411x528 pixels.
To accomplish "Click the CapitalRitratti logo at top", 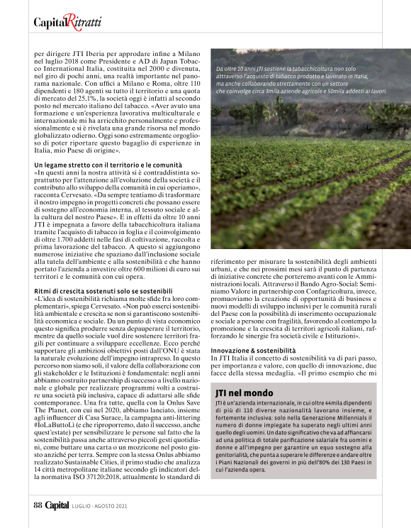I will [67, 22].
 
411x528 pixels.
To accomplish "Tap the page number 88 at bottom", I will [38, 506].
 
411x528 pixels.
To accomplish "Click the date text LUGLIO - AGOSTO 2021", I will [99, 507].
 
